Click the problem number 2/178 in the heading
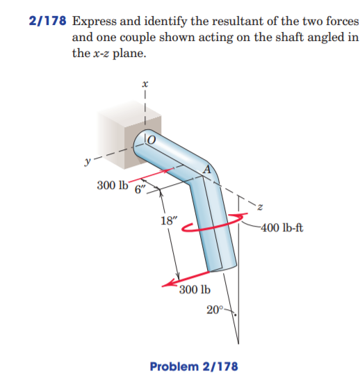click(x=45, y=22)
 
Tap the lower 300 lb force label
click(x=195, y=290)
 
